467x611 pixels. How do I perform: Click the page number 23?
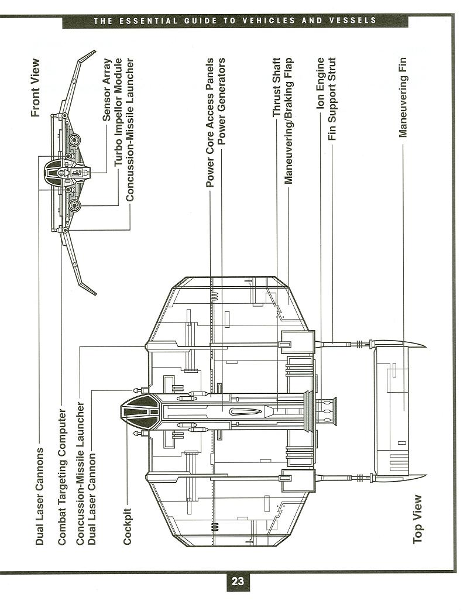[238, 581]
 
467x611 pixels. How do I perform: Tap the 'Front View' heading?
[36, 88]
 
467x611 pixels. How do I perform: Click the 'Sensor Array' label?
[107, 90]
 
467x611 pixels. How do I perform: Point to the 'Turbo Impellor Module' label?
[118, 113]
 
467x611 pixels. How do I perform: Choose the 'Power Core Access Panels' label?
[210, 122]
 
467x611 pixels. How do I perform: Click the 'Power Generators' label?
[222, 102]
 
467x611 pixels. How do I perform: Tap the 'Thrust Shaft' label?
[277, 88]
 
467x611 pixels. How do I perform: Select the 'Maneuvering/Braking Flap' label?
[289, 121]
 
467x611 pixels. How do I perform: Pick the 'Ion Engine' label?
[321, 83]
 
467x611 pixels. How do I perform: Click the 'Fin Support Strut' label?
[332, 99]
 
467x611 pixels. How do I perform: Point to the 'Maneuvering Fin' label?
[403, 97]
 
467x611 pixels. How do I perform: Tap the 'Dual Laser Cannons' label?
[39, 496]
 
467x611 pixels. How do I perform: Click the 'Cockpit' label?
[127, 527]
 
